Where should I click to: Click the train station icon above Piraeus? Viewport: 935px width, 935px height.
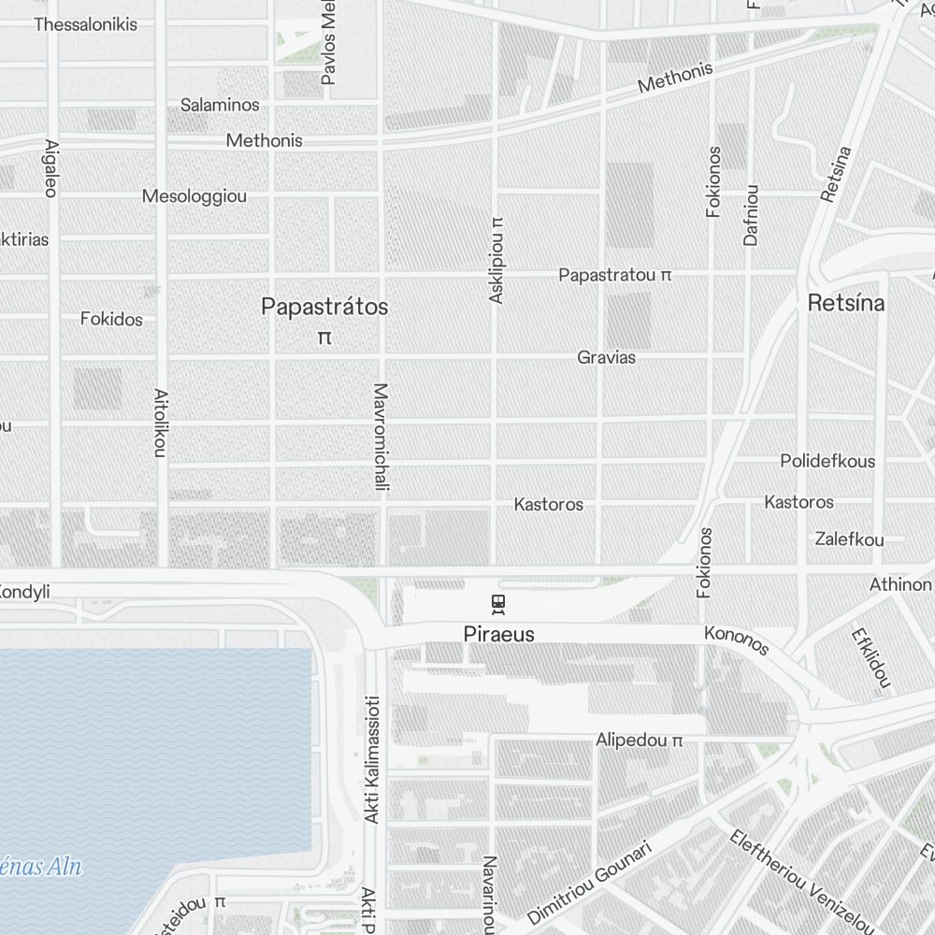pos(498,604)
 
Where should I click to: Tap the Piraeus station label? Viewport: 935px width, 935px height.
pos(498,634)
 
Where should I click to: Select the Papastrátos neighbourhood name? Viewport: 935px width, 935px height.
pos(324,307)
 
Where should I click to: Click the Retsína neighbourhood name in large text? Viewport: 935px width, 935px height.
pos(846,303)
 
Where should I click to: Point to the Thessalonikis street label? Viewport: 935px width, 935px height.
pos(85,24)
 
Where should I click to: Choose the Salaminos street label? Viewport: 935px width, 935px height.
pos(220,105)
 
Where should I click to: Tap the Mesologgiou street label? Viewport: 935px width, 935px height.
pos(194,196)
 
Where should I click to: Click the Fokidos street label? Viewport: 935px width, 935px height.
pos(111,319)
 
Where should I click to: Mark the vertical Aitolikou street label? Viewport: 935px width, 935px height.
pos(160,424)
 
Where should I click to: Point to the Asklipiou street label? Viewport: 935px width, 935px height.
pos(496,260)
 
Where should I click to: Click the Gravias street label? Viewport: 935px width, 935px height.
pos(606,357)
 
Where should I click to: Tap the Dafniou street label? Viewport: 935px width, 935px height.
pos(751,215)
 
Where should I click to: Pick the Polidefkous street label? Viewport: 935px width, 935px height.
pos(827,461)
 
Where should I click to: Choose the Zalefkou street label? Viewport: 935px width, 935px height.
pos(849,539)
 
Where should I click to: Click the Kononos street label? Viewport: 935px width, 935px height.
pos(736,641)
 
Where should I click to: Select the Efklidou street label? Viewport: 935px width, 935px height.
pos(870,658)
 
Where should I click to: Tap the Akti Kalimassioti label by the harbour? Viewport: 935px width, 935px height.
pos(371,760)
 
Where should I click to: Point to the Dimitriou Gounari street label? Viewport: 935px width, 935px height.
pos(588,883)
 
